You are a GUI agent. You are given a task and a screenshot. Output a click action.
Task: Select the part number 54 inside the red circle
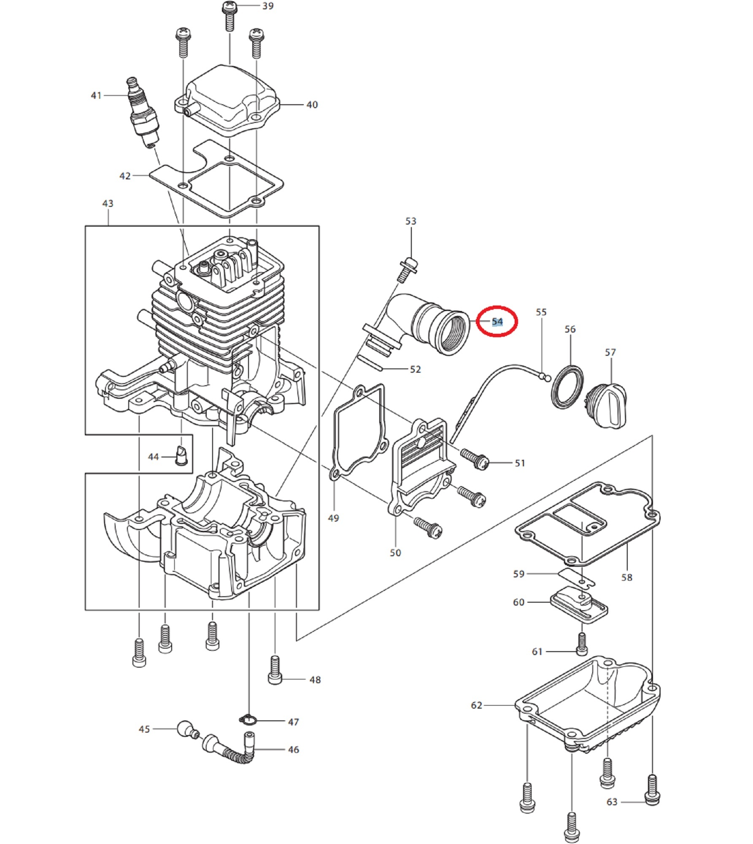(x=497, y=322)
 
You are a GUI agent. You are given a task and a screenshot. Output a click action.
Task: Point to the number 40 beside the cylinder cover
(x=312, y=105)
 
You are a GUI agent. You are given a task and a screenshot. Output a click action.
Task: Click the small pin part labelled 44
(x=180, y=456)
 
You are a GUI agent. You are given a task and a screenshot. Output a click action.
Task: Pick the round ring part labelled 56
(x=567, y=387)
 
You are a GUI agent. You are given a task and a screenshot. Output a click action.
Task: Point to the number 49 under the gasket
(x=333, y=518)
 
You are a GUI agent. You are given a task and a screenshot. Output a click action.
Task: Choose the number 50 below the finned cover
(x=395, y=553)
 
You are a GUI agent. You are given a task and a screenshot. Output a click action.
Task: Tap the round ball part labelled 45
(x=185, y=729)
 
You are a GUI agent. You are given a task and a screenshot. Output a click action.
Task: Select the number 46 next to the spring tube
(x=293, y=750)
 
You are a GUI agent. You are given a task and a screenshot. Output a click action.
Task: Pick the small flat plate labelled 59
(x=576, y=578)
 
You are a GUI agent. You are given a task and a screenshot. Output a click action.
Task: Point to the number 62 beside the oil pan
(x=476, y=705)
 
